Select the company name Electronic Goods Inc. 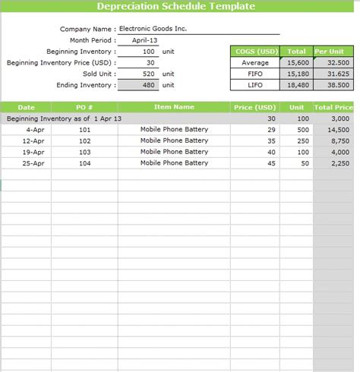[153, 29]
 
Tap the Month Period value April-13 [144, 39]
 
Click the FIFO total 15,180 [298, 74]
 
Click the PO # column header [84, 107]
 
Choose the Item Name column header [174, 107]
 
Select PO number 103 [84, 152]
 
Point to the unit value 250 [297, 140]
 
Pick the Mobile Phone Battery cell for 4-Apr [174, 130]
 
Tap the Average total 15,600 [298, 62]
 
